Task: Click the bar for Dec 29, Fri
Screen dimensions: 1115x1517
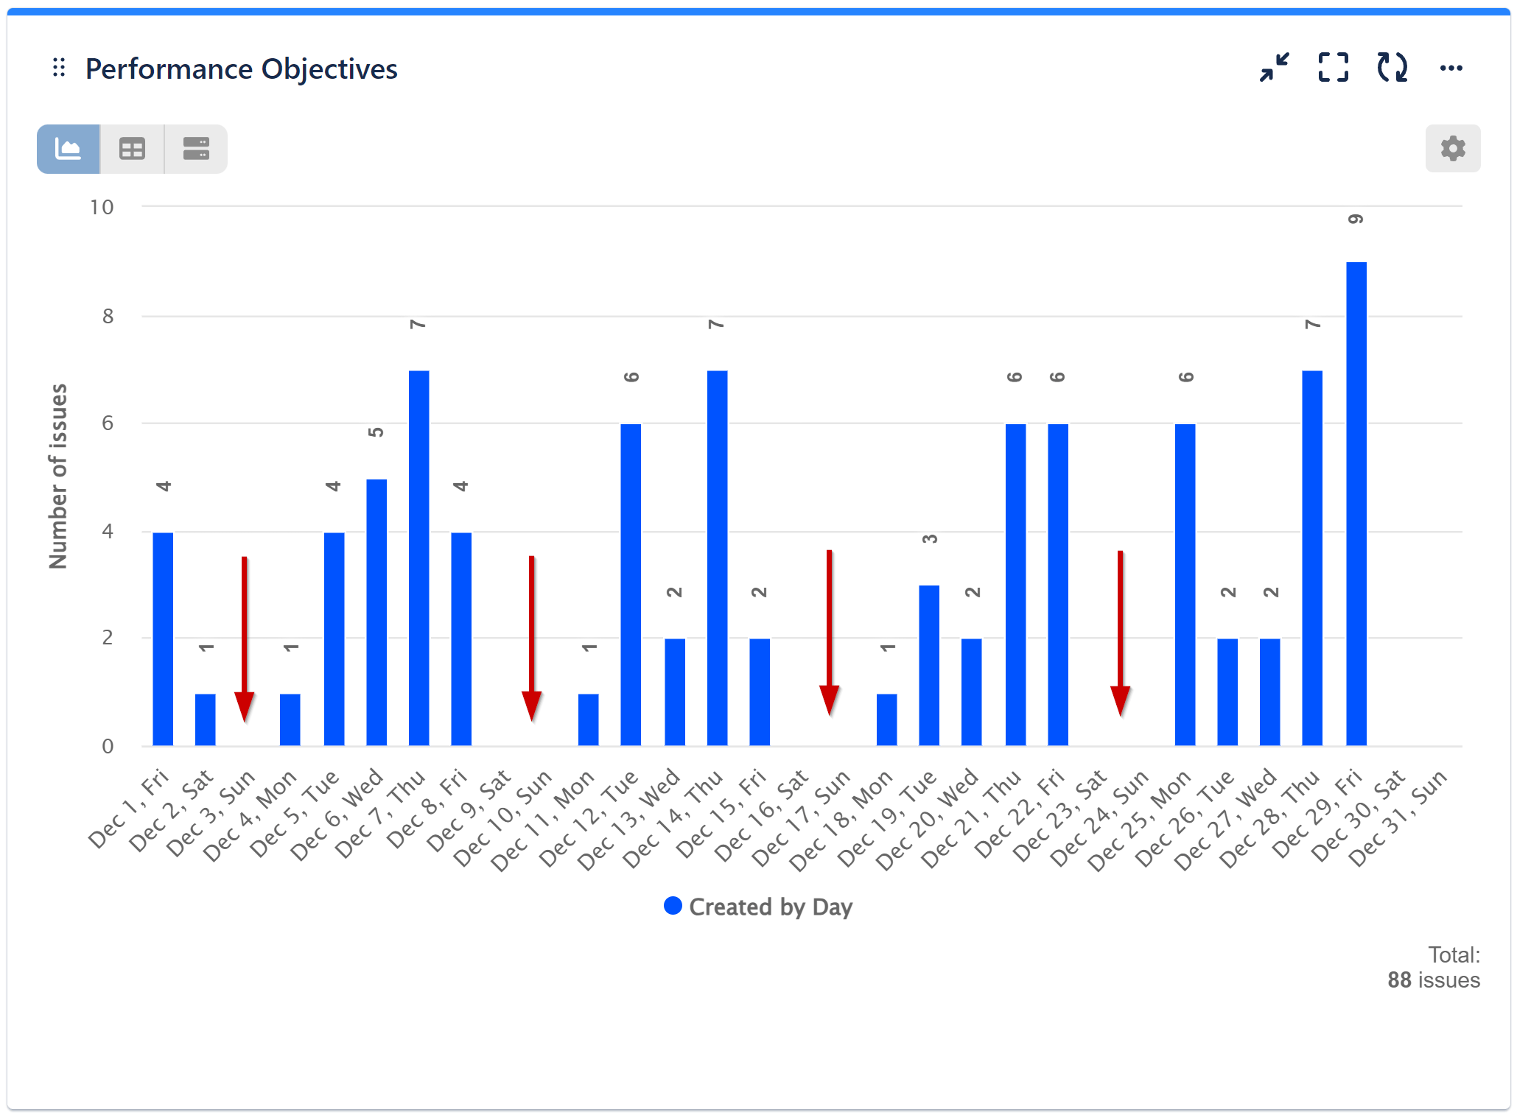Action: point(1356,504)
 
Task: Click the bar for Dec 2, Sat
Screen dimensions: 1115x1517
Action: point(206,720)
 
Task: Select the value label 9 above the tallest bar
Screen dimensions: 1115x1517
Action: point(1356,219)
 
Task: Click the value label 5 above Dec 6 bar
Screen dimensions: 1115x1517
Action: point(376,432)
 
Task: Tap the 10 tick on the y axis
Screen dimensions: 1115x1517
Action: point(102,208)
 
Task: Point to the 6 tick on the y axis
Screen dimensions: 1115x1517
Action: point(108,423)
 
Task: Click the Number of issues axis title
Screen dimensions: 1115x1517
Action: point(58,476)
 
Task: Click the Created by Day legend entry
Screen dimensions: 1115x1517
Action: point(758,907)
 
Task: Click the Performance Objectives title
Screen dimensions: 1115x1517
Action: point(241,69)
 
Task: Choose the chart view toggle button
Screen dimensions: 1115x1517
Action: point(69,150)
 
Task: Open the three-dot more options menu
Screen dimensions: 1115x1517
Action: point(1451,68)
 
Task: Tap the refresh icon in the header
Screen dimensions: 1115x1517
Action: point(1392,68)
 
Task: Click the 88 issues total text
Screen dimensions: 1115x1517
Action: point(1433,980)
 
